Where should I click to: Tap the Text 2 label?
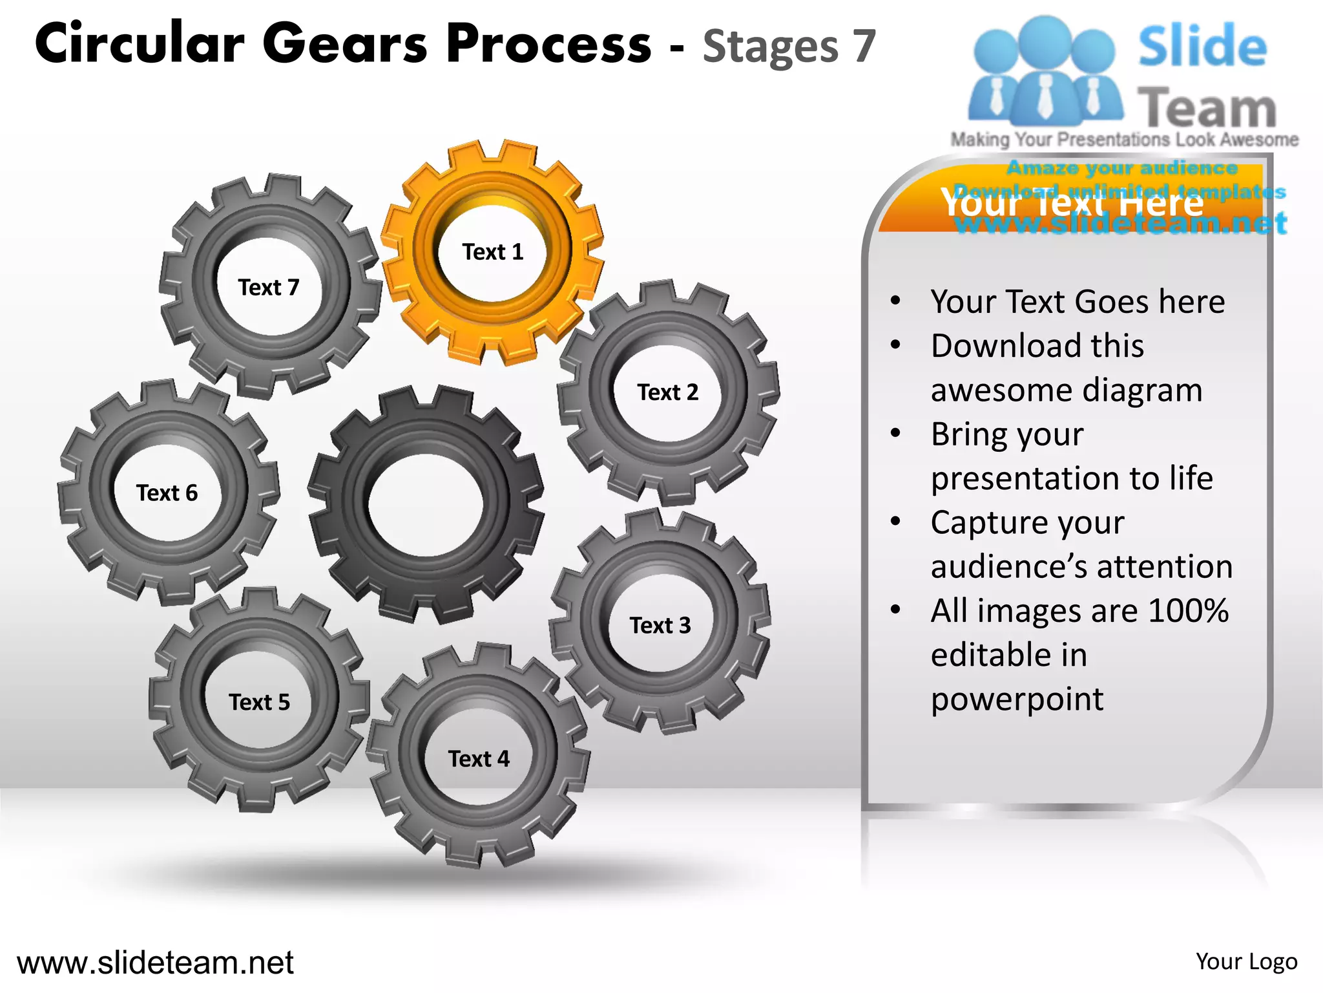668,392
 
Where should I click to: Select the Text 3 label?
660,626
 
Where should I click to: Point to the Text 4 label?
479,759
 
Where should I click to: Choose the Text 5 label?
259,702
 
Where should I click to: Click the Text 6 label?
167,493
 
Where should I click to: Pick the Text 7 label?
269,288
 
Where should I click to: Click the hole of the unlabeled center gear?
426,505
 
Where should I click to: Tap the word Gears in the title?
345,44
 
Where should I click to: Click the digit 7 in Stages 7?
864,47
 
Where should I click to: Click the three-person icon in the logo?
1045,71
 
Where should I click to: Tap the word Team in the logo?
1207,109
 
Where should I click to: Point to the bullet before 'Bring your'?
895,434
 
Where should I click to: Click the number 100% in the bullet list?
1188,611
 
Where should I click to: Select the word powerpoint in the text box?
1017,699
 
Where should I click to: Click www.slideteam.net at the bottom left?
155,963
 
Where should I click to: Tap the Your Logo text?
1246,962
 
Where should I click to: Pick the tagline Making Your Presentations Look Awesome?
1124,140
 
